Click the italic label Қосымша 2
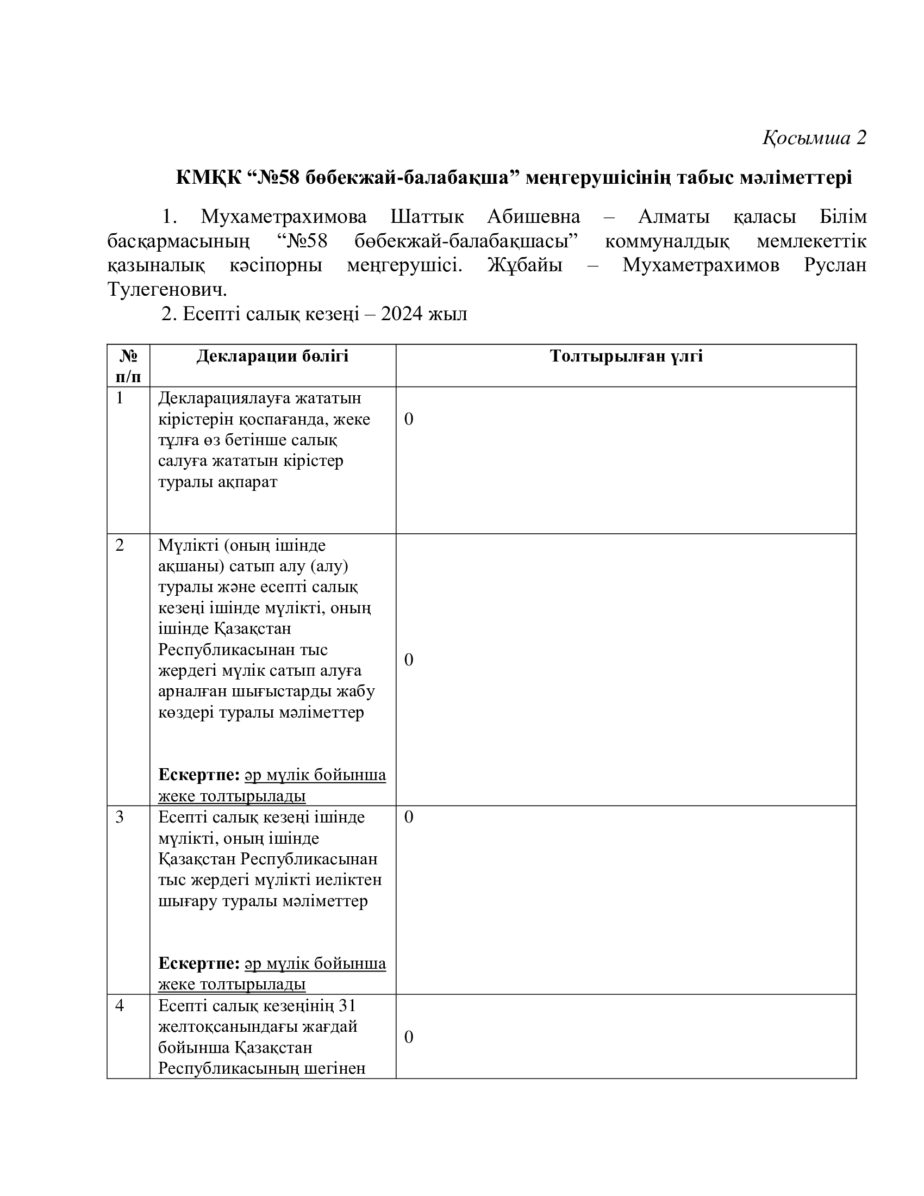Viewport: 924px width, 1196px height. tap(814, 138)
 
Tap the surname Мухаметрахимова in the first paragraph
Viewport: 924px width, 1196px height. tap(284, 217)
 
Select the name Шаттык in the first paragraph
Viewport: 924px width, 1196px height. tap(427, 217)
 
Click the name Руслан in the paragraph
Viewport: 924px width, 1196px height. tap(835, 266)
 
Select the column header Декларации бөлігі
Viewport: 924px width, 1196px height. tap(272, 357)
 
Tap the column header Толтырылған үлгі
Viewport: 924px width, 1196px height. tap(626, 357)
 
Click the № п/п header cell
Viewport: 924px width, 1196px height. tap(128, 366)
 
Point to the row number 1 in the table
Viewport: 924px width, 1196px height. tap(120, 398)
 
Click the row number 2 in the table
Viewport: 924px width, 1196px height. tap(120, 545)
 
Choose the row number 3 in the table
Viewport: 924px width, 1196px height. tap(120, 818)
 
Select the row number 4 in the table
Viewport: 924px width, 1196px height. tap(120, 1006)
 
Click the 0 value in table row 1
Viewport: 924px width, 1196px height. tap(408, 420)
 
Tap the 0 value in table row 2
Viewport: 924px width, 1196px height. tap(408, 661)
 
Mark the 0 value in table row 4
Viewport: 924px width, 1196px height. tap(408, 1037)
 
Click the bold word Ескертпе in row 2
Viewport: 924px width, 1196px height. tap(199, 775)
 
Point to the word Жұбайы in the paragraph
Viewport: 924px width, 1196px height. tap(525, 266)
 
